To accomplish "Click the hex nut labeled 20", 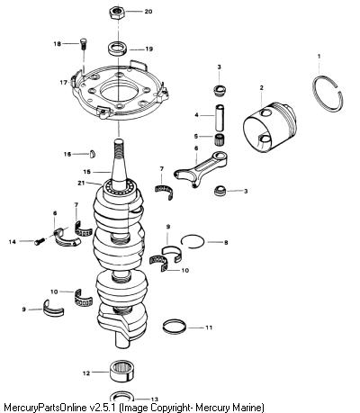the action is click(x=116, y=13).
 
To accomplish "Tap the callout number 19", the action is click(x=148, y=49).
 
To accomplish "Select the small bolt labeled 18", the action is click(x=83, y=45).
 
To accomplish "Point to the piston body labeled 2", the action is click(x=269, y=127).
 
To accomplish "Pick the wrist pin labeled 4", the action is click(x=220, y=118).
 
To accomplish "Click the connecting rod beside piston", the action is click(x=201, y=168).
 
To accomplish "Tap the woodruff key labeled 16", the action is click(x=93, y=154).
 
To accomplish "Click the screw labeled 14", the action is click(x=40, y=240).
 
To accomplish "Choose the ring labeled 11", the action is click(x=175, y=328).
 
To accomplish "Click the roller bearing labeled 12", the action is click(x=121, y=372).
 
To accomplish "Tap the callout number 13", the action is click(x=154, y=400).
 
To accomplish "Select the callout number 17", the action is click(x=63, y=82).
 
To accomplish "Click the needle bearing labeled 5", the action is click(x=220, y=139).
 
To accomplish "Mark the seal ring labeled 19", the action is click(x=118, y=49).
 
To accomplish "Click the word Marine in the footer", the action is click(x=245, y=408).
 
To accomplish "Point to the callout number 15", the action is click(x=86, y=172).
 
